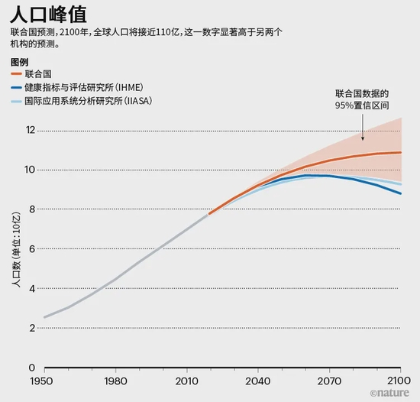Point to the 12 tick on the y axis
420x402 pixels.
pyautogui.click(x=31, y=130)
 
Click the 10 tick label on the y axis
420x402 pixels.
pyautogui.click(x=31, y=170)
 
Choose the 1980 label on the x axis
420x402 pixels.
pyautogui.click(x=115, y=381)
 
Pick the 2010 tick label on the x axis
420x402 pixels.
pyautogui.click(x=186, y=381)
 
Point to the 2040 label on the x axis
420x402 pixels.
pyautogui.click(x=258, y=381)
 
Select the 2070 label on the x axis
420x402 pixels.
pyautogui.click(x=329, y=381)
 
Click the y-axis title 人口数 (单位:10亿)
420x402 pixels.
pyautogui.click(x=15, y=248)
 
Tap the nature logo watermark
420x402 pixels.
pyautogui.click(x=393, y=393)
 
